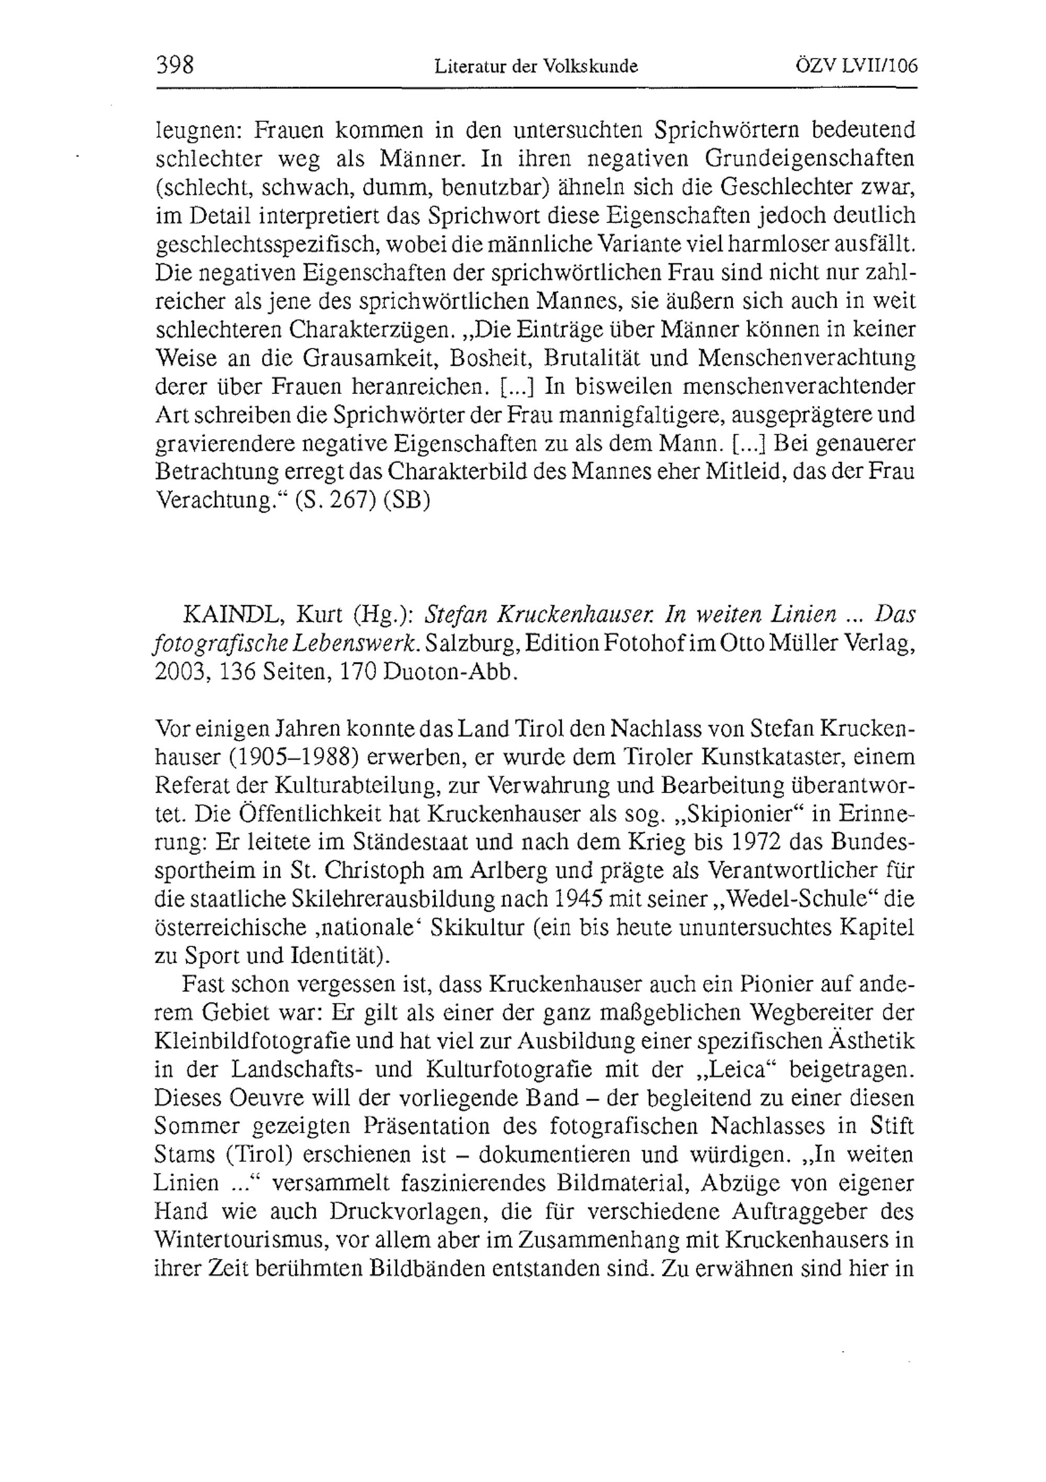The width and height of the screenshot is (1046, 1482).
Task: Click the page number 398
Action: [x=175, y=66]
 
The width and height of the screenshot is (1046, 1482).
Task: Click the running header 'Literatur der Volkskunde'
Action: [x=536, y=66]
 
